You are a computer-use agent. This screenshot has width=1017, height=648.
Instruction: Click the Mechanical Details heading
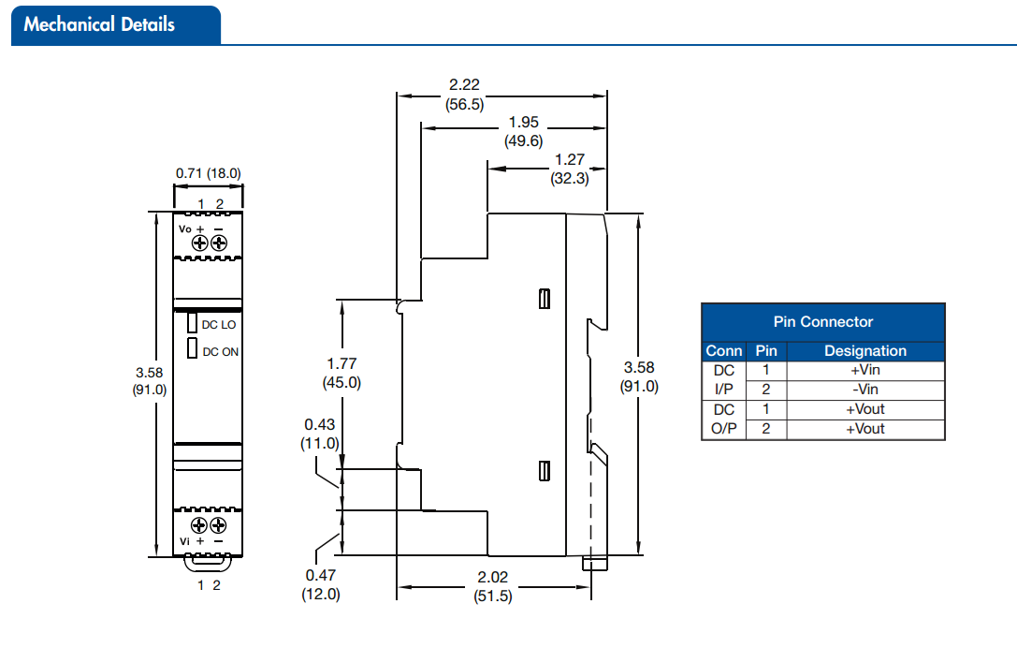tap(99, 24)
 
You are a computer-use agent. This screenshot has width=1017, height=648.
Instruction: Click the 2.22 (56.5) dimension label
tap(465, 95)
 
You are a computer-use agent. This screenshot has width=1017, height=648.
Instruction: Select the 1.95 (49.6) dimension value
tap(524, 132)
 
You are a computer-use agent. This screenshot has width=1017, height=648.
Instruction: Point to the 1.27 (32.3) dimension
tap(569, 169)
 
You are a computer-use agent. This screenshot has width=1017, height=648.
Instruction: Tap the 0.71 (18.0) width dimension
tap(208, 173)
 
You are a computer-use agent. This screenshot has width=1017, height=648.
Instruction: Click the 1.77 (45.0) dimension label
tap(341, 373)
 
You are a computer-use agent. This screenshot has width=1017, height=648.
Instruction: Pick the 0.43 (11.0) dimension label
tap(320, 434)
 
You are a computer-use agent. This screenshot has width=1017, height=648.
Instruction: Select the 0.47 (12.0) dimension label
tap(320, 584)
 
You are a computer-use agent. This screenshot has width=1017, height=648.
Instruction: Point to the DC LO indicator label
tap(220, 325)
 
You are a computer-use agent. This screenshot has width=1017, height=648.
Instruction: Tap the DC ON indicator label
tap(221, 352)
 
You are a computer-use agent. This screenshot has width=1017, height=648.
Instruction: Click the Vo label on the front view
tap(185, 228)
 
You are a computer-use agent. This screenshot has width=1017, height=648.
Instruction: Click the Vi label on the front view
tap(185, 541)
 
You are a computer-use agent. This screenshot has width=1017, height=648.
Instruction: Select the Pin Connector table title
tap(822, 322)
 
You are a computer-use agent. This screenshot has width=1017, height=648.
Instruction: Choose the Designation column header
tap(864, 351)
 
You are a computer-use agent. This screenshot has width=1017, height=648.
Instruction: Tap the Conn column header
tap(724, 351)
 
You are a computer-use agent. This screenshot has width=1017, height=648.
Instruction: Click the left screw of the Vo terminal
tap(199, 243)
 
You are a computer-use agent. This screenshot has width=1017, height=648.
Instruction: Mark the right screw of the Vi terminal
tap(219, 525)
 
